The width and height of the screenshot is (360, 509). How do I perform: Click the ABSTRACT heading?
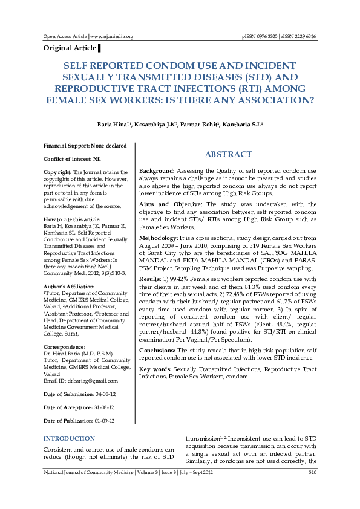[228, 155]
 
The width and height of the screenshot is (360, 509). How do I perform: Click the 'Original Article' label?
[70, 48]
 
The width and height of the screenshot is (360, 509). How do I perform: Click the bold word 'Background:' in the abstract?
[157, 172]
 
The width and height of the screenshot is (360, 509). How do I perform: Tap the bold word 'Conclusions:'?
[159, 350]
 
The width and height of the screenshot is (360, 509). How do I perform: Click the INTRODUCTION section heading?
[70, 438]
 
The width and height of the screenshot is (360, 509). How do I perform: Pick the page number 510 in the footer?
[312, 472]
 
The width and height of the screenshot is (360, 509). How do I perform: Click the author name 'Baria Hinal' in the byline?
[113, 124]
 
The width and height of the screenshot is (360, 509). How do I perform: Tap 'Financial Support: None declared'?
[85, 146]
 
